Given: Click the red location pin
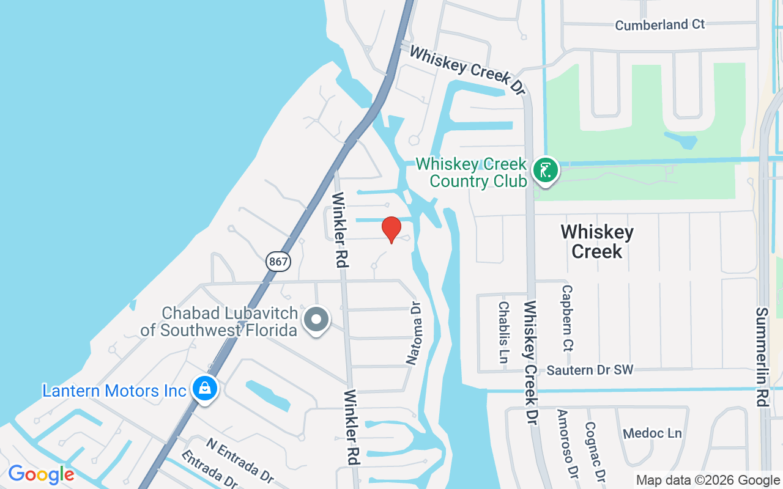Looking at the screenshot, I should pos(391,229).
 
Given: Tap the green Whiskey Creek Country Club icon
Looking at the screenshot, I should pos(545,170).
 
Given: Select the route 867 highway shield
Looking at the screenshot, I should pos(278,262).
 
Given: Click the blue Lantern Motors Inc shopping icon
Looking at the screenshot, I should pos(205,388).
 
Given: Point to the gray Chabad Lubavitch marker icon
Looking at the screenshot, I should pos(316,319).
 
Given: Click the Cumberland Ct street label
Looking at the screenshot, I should pos(659,25).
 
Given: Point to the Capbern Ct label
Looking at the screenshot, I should pos(567,318).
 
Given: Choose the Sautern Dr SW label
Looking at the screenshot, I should pos(590,370).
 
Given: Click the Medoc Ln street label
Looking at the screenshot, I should pos(652,433).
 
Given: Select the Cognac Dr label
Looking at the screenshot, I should pos(595,450).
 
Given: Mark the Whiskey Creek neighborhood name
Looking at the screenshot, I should pos(597,241).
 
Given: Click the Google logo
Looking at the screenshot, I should pos(41,474).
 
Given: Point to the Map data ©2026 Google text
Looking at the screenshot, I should pos(708,480).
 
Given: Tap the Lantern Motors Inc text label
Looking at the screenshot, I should pos(114,391).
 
